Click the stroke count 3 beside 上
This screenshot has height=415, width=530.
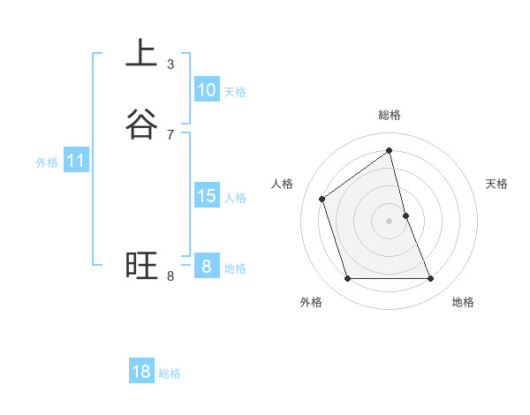(x=170, y=64)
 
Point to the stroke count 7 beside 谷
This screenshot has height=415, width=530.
(x=170, y=134)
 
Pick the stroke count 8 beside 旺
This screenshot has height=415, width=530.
(x=170, y=276)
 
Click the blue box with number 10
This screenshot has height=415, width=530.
(x=206, y=90)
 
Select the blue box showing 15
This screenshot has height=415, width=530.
(x=206, y=196)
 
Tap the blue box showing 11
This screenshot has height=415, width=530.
(x=76, y=162)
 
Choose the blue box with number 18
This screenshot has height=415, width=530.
(x=141, y=372)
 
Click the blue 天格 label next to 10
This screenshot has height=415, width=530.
(x=235, y=92)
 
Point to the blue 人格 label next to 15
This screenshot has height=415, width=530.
(x=235, y=198)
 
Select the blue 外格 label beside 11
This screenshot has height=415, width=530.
(x=47, y=162)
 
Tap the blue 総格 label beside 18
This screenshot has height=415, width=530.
(x=170, y=373)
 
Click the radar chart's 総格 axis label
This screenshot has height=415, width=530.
(x=390, y=115)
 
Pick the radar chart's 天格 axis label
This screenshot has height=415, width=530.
(x=496, y=184)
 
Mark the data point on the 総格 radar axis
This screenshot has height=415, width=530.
(x=390, y=151)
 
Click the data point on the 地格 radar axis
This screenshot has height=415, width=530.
(x=431, y=279)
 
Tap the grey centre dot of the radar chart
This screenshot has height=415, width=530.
(x=390, y=221)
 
